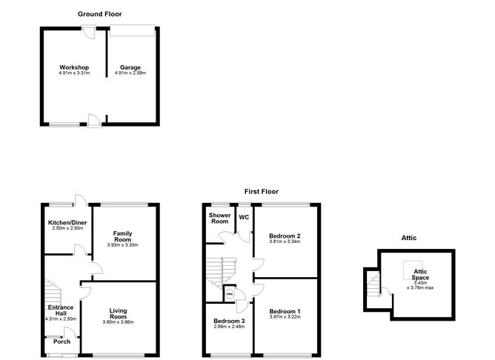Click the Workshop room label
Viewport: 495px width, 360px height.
pos(73,67)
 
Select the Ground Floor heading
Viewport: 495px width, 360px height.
pos(99,14)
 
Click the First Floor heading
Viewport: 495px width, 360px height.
pos(262,191)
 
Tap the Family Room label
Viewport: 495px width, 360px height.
pos(123,236)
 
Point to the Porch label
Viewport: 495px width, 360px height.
pos(62,341)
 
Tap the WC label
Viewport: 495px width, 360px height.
pos(244,217)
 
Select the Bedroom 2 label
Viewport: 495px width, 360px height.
pos(285,236)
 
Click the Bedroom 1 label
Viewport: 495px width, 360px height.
pos(285,310)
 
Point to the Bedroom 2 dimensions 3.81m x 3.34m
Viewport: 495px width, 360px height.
pos(285,241)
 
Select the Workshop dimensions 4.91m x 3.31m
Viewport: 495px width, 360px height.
pos(73,73)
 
